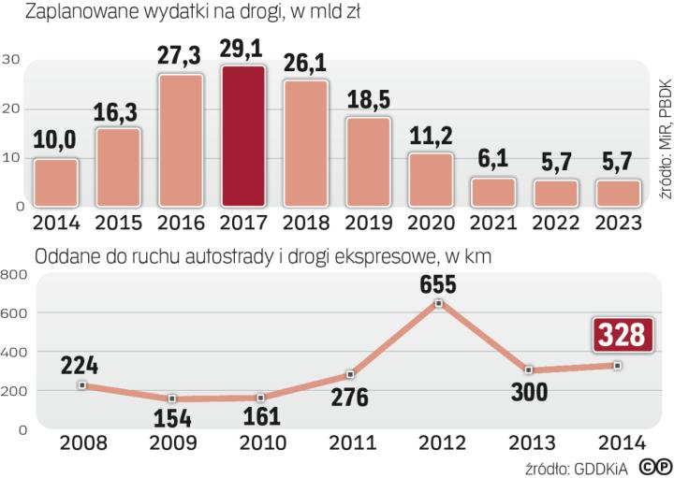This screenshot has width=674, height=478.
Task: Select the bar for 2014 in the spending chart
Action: (x=56, y=182)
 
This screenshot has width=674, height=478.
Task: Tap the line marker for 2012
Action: (x=438, y=303)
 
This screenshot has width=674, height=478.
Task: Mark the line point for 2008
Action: (x=82, y=385)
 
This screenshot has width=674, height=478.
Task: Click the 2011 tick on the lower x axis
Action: (x=348, y=441)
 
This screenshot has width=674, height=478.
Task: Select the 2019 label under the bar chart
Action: (x=369, y=224)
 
